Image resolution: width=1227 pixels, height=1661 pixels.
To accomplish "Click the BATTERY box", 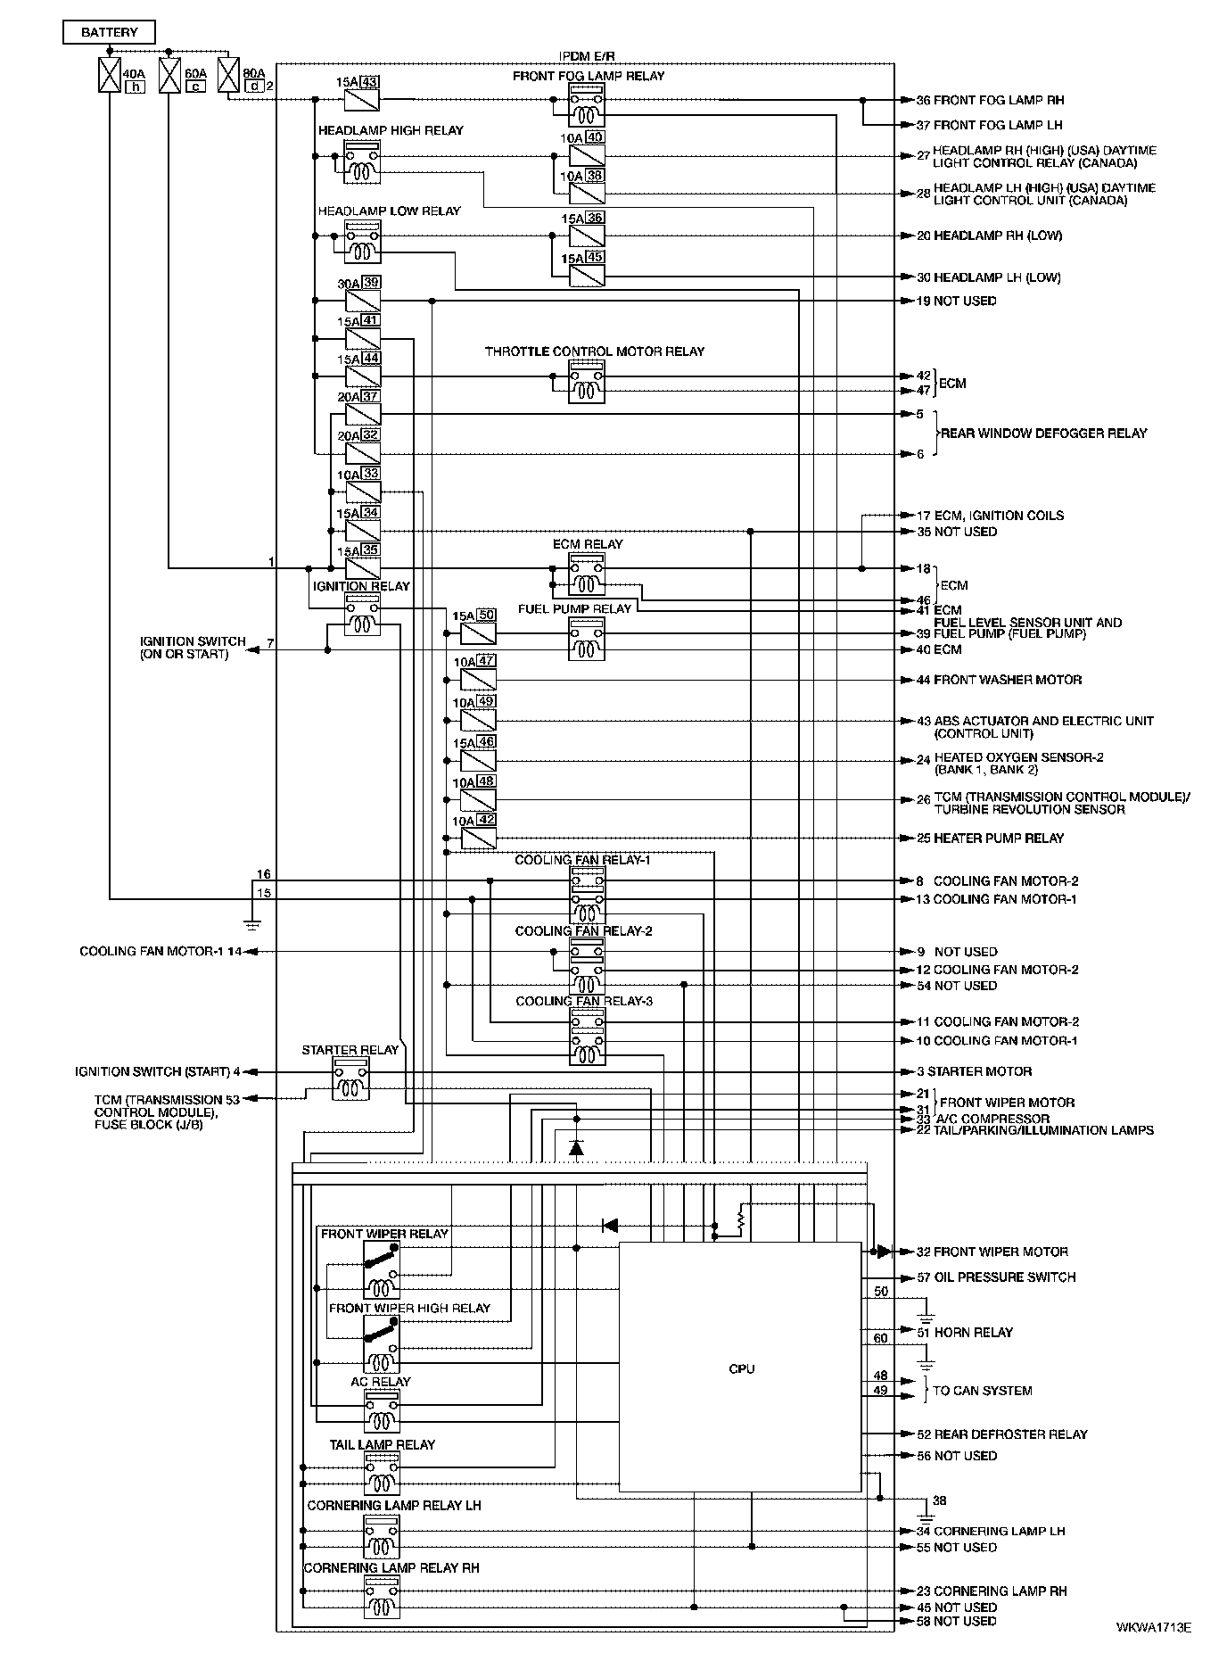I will coord(109,33).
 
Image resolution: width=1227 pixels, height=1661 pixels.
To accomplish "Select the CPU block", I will coord(740,1368).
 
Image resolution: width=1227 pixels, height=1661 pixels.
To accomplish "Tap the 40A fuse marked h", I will coord(108,75).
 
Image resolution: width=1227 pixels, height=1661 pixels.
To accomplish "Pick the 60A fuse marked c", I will coord(169,75).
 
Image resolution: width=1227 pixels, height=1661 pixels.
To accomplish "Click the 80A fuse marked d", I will coord(228,75).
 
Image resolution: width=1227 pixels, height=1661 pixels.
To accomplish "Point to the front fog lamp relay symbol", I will coord(587,107).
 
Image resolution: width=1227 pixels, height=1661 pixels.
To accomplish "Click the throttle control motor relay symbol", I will coord(587,383).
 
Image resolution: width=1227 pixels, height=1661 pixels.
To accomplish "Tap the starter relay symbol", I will coord(350,1078).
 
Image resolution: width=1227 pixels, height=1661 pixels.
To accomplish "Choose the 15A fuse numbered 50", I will coord(478,633).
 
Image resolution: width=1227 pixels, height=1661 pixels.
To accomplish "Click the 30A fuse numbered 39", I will coord(363,301).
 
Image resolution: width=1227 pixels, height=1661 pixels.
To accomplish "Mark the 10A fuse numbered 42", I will coord(478,839).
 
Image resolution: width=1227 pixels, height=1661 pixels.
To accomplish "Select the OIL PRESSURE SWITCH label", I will coord(1004,1277).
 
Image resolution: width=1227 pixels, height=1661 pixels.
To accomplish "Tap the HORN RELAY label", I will coord(973,1333).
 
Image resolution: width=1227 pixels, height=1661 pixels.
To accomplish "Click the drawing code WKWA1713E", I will coord(1153,1627).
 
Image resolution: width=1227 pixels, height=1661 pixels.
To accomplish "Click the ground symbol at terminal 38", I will coord(926,1515).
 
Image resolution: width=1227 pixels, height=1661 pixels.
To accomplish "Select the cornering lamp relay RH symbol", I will coord(382,1597).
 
